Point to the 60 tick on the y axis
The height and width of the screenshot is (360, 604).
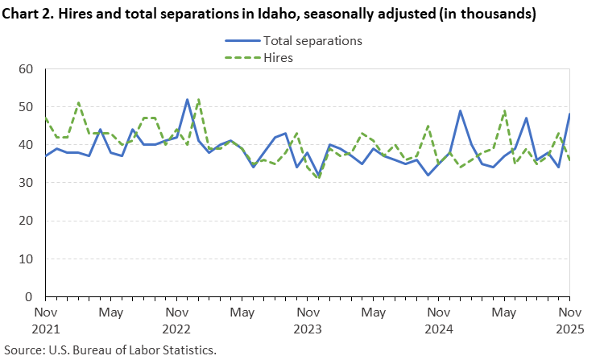tap(24, 69)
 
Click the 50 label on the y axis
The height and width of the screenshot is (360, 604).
tap(24, 107)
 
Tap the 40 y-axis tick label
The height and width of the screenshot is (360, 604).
tap(24, 145)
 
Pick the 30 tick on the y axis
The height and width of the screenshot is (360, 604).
tap(24, 183)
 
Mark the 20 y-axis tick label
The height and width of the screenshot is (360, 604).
tap(24, 221)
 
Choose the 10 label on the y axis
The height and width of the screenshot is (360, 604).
tap(24, 259)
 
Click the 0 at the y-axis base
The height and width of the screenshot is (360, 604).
tap(28, 296)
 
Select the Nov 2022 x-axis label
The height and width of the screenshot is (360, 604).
tap(176, 320)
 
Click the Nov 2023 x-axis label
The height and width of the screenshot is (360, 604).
tap(308, 320)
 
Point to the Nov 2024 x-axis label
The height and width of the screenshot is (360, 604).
tap(440, 320)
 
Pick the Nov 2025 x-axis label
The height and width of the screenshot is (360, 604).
tap(569, 320)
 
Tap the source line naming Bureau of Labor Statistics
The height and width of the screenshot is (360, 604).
tap(110, 350)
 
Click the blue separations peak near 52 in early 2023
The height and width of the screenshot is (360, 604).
tap(188, 100)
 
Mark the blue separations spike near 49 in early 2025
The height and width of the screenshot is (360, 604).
tap(460, 111)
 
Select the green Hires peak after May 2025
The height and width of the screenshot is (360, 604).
tap(504, 111)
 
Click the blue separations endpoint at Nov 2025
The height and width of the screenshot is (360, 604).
tap(569, 114)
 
